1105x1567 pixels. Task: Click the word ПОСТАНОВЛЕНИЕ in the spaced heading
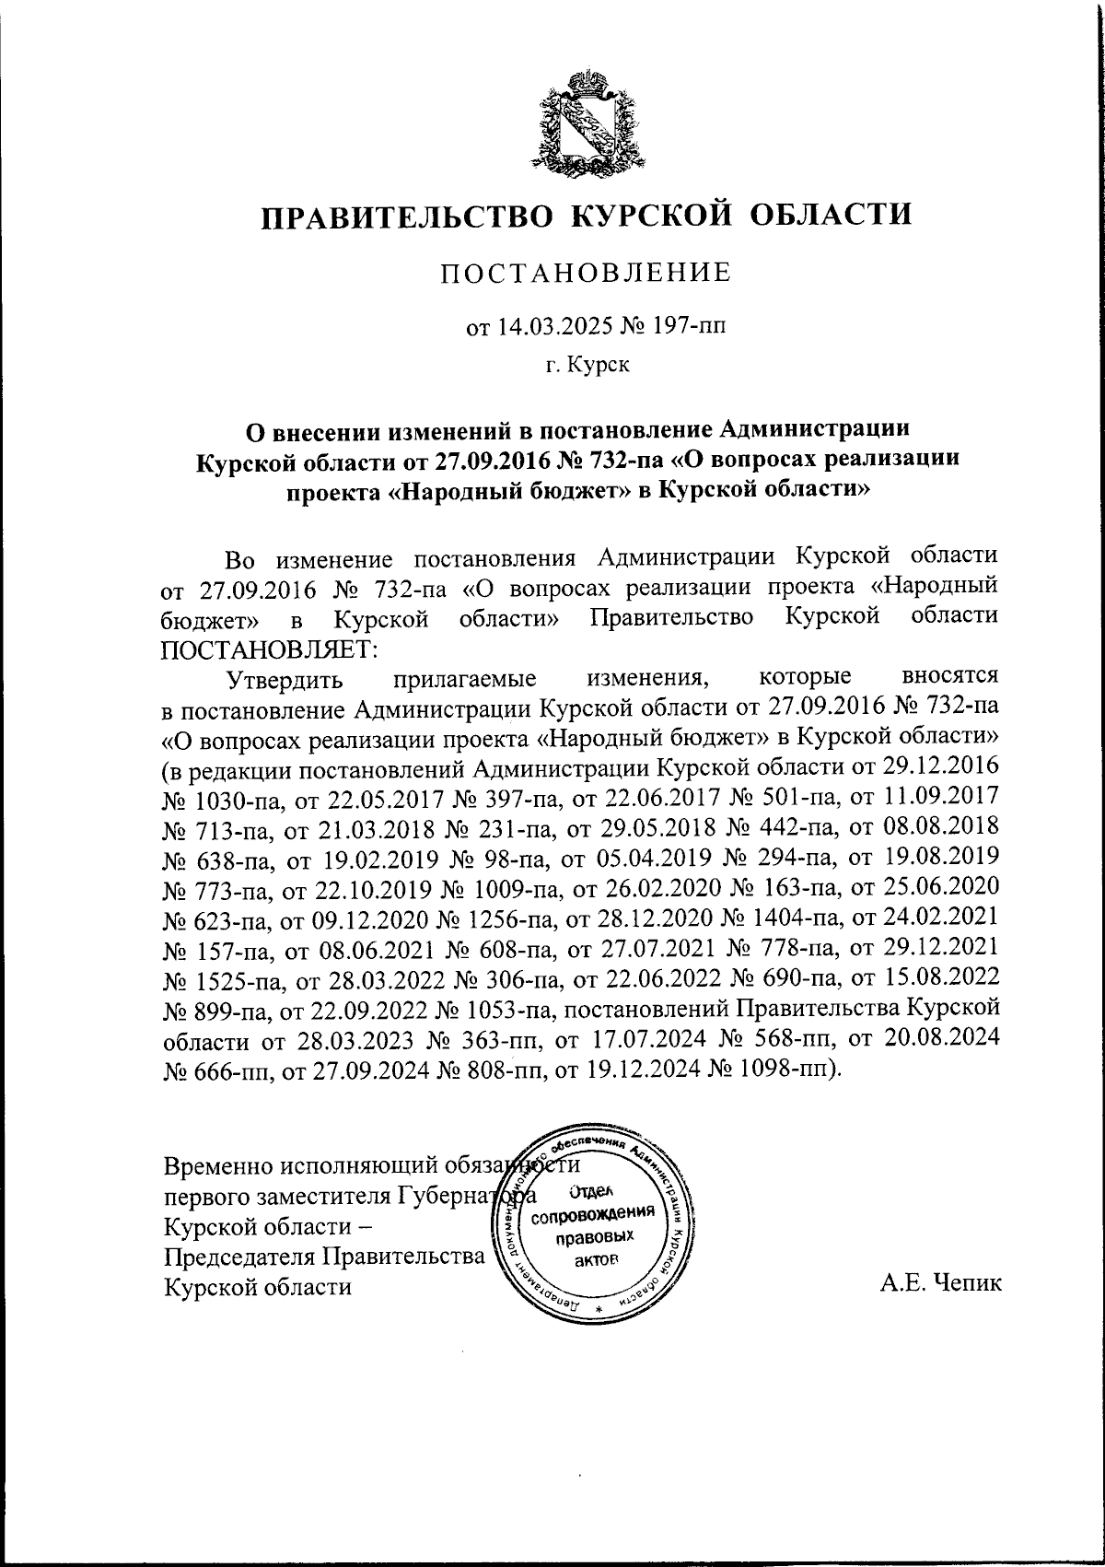pos(586,274)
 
